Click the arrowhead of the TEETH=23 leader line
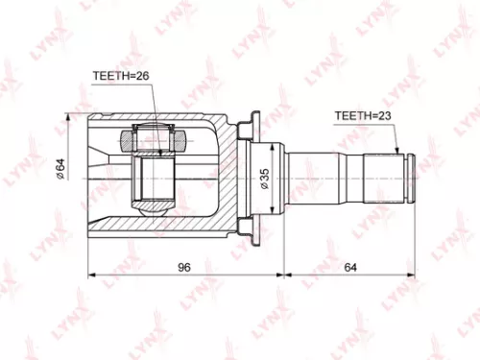398,153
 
